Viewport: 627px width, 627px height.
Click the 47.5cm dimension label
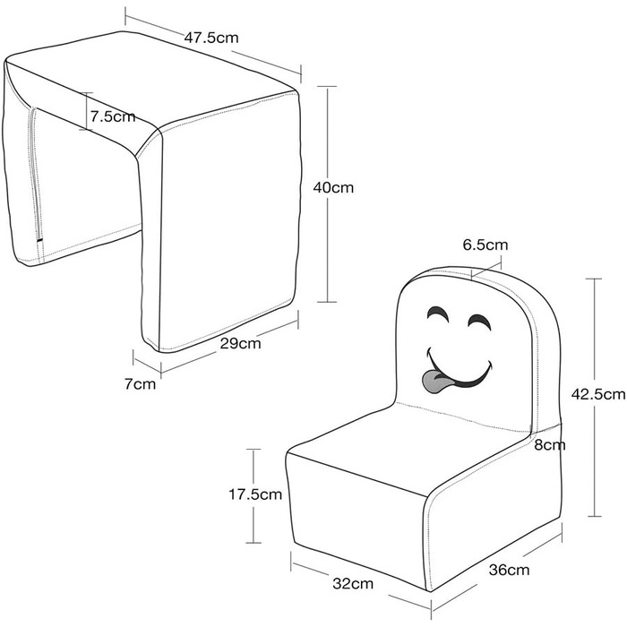tap(212, 39)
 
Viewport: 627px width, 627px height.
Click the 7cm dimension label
tap(140, 384)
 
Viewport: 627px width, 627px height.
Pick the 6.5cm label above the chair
tap(485, 245)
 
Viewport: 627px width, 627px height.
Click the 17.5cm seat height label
tap(257, 494)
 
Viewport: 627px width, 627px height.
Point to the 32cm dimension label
tap(354, 584)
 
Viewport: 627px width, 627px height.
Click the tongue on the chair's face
tap(438, 382)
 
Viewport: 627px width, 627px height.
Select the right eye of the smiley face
tap(481, 321)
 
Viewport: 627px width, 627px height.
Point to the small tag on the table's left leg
tap(39, 239)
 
